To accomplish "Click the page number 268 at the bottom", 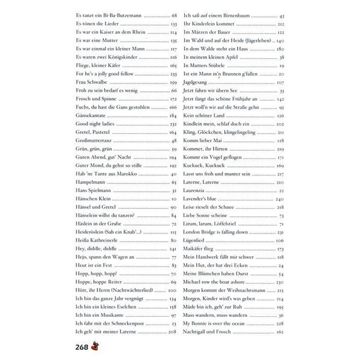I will click(83, 346).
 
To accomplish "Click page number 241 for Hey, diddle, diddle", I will click(173, 248).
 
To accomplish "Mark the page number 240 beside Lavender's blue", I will click(280, 198).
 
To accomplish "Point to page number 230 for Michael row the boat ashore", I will click(280, 281).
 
